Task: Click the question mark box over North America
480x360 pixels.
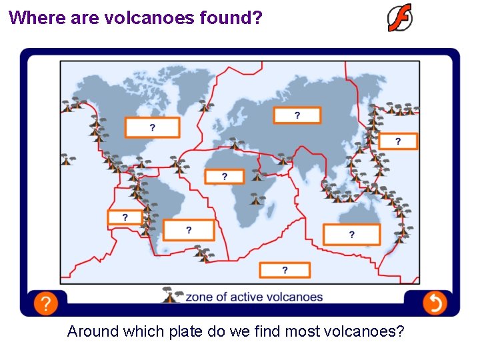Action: click(152, 127)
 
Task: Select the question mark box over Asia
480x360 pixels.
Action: click(297, 115)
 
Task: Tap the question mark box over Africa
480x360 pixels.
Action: click(224, 176)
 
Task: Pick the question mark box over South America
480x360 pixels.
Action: click(189, 230)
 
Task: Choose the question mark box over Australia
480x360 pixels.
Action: click(351, 234)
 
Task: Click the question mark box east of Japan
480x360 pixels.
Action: click(398, 141)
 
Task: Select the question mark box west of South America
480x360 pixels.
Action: click(125, 217)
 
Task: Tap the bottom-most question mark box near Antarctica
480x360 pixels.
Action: click(285, 270)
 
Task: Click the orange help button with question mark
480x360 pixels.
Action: click(45, 304)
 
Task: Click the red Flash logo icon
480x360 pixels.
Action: click(400, 18)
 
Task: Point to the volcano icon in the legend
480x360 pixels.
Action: click(171, 295)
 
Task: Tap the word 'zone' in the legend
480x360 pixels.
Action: click(198, 297)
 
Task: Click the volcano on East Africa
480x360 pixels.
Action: click(255, 198)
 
